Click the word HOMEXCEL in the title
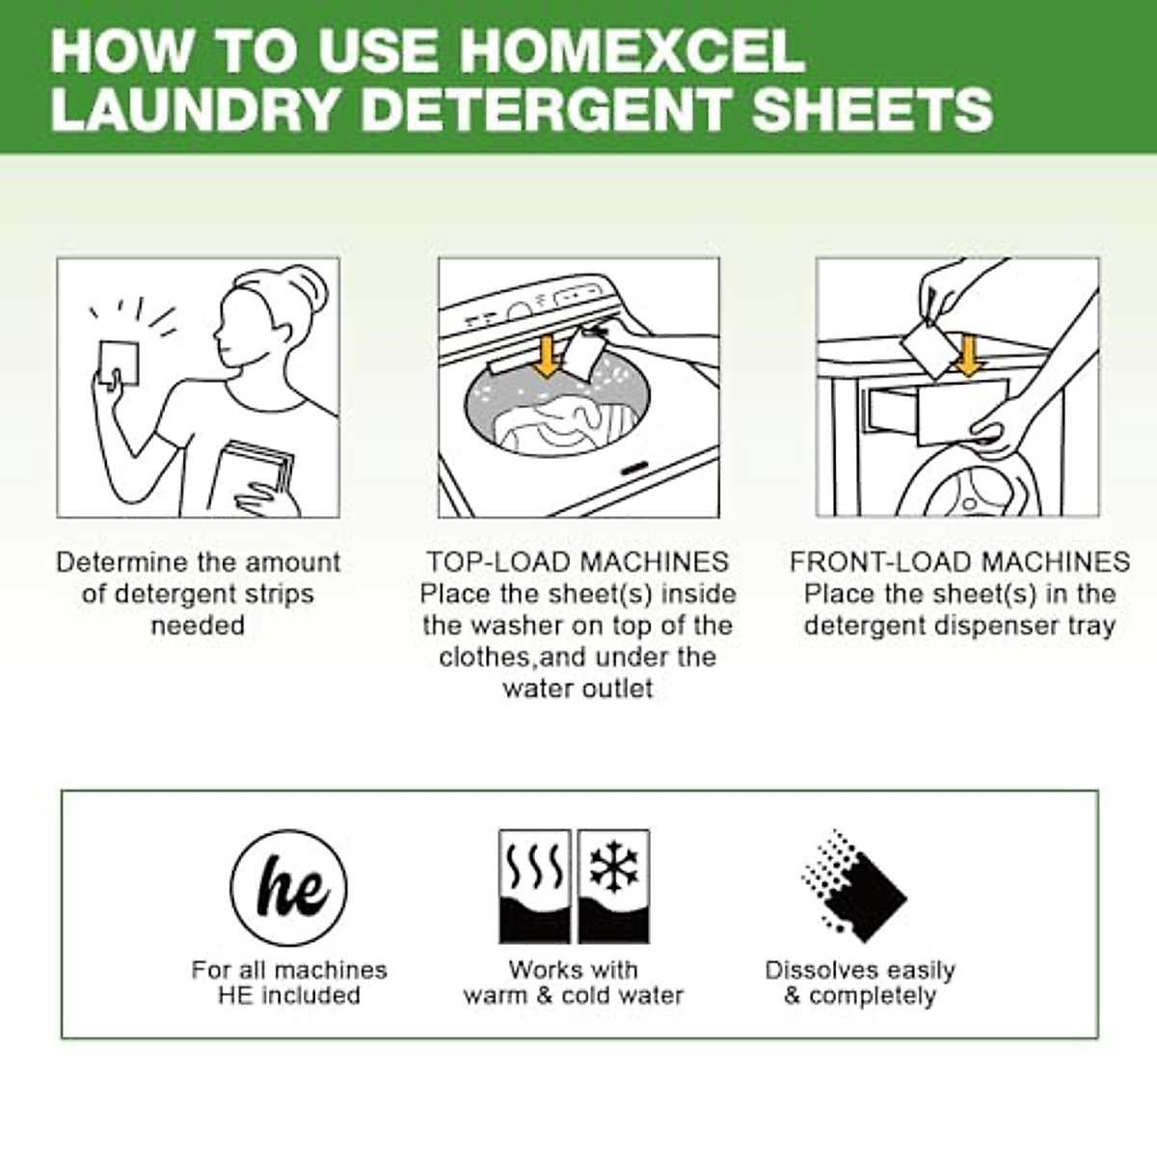(632, 50)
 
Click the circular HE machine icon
(288, 887)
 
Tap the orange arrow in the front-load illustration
(966, 354)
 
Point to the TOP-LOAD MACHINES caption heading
(578, 562)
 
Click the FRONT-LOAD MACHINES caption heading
(959, 562)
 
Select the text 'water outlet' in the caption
(578, 688)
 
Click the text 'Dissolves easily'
(859, 970)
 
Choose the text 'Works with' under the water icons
(573, 970)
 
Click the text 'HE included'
(288, 995)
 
